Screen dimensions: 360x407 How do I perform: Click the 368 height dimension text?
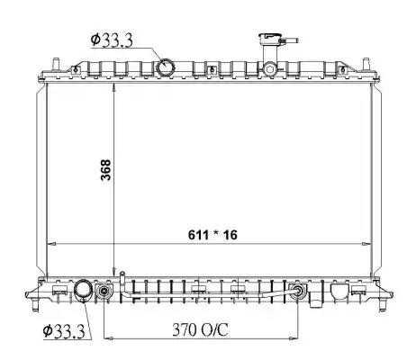[x=104, y=172]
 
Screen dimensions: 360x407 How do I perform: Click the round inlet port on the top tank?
[x=167, y=67]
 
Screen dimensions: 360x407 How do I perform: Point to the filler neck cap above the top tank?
[x=269, y=40]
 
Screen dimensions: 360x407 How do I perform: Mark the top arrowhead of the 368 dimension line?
[x=115, y=86]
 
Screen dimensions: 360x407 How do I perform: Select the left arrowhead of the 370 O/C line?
[x=109, y=340]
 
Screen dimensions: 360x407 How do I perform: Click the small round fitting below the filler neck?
[x=269, y=68]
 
